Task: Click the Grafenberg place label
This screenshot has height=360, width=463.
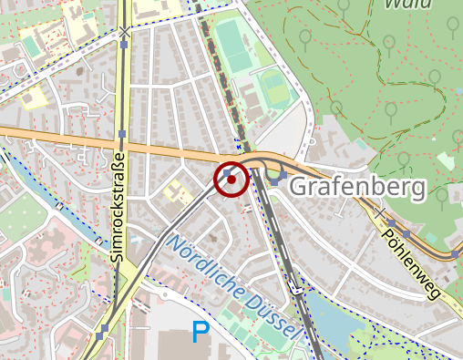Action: [x=357, y=189]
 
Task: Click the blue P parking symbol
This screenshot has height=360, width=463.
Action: [x=200, y=334]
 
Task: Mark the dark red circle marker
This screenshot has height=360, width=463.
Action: [x=231, y=179]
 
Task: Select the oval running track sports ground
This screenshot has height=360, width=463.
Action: [x=273, y=87]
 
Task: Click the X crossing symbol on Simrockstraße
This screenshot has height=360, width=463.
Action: [x=125, y=31]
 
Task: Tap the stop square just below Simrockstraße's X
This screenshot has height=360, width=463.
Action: [x=124, y=43]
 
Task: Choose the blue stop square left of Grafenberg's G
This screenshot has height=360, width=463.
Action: [x=283, y=177]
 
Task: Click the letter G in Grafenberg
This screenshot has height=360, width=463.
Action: [x=301, y=189]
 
